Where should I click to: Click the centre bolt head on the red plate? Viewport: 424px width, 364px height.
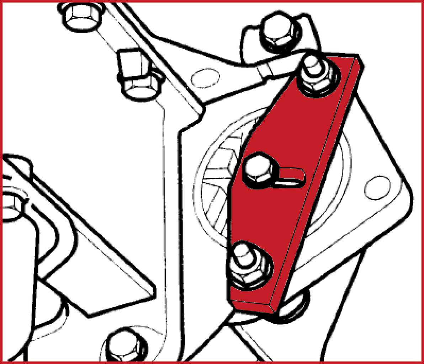point(258,170)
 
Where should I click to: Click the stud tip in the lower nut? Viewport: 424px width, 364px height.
point(243,252)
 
